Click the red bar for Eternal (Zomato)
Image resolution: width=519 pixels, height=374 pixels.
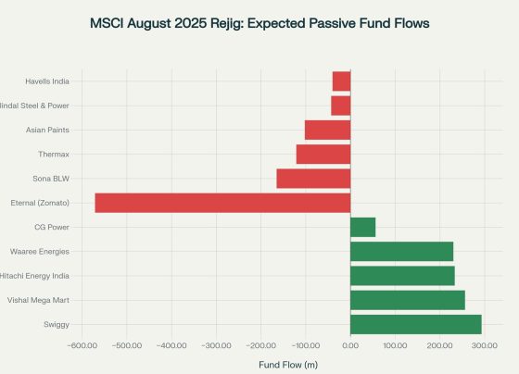(x=222, y=203)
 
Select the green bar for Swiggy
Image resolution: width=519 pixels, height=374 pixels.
(x=415, y=324)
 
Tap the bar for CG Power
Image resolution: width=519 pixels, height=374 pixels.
(x=362, y=227)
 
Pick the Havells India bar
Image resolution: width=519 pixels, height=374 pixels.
(x=341, y=81)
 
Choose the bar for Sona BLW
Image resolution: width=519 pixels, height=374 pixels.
(x=313, y=179)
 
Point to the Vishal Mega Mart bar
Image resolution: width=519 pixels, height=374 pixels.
(x=407, y=300)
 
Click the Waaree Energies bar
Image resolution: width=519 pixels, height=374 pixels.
(x=401, y=251)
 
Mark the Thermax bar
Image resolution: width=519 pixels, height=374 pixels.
(x=323, y=155)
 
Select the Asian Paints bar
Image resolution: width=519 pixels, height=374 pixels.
(x=327, y=130)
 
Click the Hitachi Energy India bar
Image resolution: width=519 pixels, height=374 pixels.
(x=402, y=276)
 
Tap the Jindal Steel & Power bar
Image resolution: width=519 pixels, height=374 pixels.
(x=340, y=106)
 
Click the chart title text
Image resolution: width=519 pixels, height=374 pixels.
(x=259, y=22)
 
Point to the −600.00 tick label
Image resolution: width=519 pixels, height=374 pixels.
(x=82, y=345)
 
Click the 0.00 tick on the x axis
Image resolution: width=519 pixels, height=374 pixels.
(x=350, y=345)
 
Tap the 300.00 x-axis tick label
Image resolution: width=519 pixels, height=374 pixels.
(x=485, y=345)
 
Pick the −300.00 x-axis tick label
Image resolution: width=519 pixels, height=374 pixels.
(x=216, y=345)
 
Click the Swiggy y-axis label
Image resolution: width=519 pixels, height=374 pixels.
(x=56, y=324)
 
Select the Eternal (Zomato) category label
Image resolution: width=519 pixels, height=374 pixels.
(x=40, y=203)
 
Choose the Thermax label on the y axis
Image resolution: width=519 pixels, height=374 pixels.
(x=54, y=155)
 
